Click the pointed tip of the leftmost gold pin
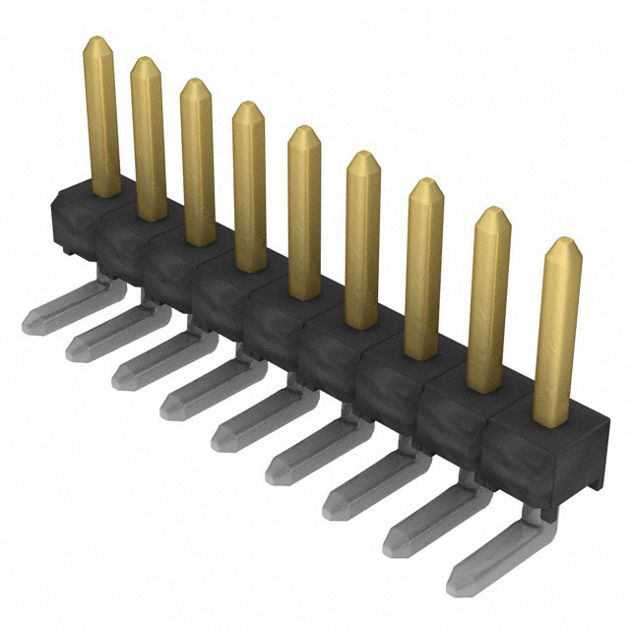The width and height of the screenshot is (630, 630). click(95, 41)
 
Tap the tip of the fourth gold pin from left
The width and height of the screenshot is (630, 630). click(246, 106)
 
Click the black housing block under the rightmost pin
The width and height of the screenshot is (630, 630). click(546, 448)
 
